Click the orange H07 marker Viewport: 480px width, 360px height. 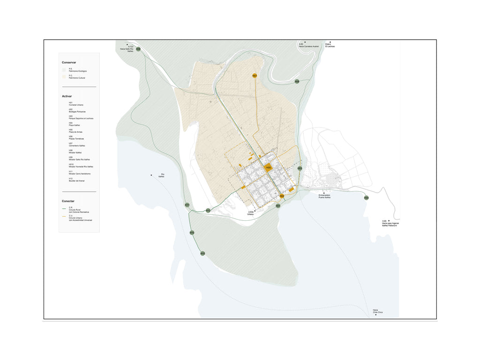coord(255,75)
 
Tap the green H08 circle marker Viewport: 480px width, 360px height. coord(297,82)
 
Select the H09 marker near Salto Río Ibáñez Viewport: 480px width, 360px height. coord(138,49)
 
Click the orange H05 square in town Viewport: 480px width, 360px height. coord(269,167)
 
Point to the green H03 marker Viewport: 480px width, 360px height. coord(300,168)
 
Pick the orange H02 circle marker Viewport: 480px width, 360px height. coord(282,196)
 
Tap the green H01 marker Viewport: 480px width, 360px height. coord(278,206)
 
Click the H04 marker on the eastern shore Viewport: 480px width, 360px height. coord(366,198)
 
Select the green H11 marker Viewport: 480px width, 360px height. coord(187,205)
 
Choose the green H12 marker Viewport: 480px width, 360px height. coord(208,210)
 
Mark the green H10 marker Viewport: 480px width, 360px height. coord(192,232)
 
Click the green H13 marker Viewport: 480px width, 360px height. coord(202,253)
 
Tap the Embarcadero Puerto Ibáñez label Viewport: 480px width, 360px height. coord(324,196)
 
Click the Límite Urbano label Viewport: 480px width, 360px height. coord(251,213)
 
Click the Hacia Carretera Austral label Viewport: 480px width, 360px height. coord(308,45)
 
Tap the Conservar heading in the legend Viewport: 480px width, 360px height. coord(69,62)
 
